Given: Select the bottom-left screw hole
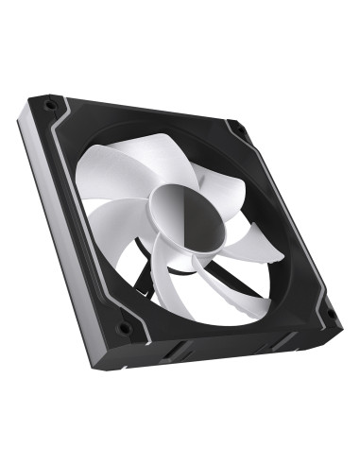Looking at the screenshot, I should [122, 329].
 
